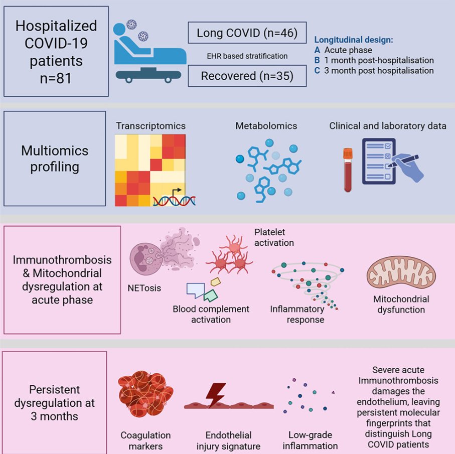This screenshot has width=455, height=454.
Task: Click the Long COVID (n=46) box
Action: point(247,33)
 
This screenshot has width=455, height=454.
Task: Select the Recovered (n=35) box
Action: point(247,76)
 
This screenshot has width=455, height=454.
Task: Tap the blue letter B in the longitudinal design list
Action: point(317,60)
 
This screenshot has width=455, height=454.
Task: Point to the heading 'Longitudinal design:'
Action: point(354,40)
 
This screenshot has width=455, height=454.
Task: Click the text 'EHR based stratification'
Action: point(247,56)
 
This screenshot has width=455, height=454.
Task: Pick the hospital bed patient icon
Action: point(149,52)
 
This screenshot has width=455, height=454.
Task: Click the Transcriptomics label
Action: point(150,126)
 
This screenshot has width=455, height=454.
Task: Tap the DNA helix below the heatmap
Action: point(174,199)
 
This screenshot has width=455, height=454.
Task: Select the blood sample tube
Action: point(348,170)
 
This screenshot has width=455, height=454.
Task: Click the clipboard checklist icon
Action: point(379,162)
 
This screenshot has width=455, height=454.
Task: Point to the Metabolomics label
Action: point(266,126)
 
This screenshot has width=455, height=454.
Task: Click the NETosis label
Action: point(144,288)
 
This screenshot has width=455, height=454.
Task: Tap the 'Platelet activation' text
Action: point(274,237)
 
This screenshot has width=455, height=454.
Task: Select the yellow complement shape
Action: point(216,282)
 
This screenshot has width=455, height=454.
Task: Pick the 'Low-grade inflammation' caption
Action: point(310,440)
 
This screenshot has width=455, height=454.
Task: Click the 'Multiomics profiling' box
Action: point(55,159)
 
